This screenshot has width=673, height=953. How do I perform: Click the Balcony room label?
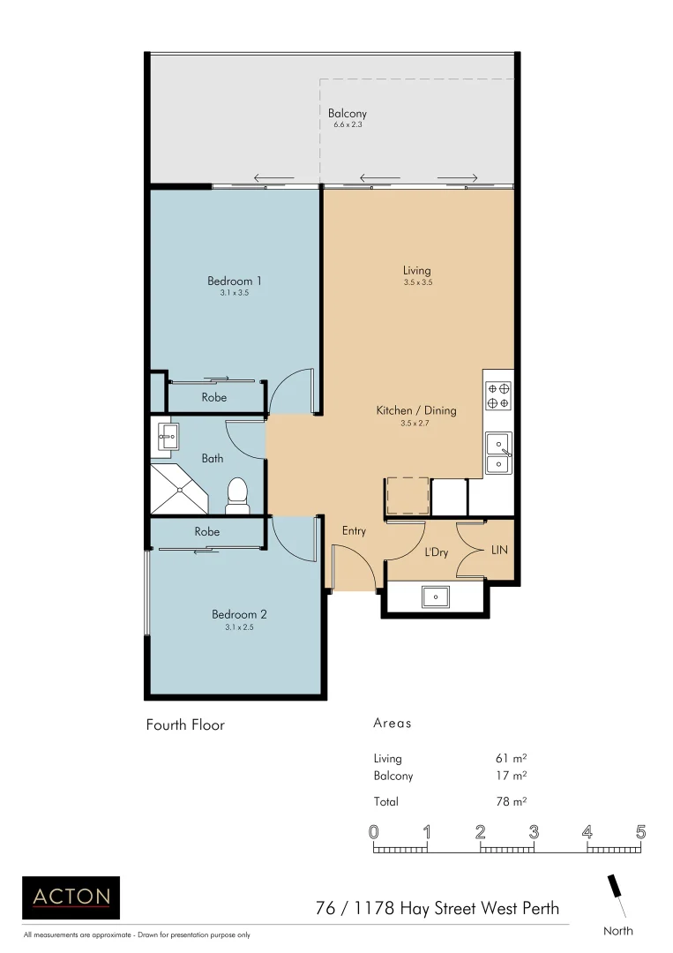pyautogui.click(x=347, y=114)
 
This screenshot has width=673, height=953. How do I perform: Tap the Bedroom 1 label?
pyautogui.click(x=235, y=281)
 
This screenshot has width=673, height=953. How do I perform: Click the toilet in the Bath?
pyautogui.click(x=237, y=495)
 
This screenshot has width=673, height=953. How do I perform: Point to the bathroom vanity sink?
pyautogui.click(x=168, y=434)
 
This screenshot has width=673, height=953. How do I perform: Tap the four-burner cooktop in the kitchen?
pyautogui.click(x=498, y=395)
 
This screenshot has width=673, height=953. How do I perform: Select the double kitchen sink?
pyautogui.click(x=498, y=452)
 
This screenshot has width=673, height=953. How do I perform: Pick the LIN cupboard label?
pyautogui.click(x=498, y=550)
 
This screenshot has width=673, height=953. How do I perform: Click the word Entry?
pyautogui.click(x=354, y=531)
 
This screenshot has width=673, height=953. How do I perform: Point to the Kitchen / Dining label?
pyautogui.click(x=416, y=410)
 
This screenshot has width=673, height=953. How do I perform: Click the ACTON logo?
pyautogui.click(x=71, y=897)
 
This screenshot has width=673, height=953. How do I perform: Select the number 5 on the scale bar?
pyautogui.click(x=640, y=832)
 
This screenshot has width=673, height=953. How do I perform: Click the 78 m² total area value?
pyautogui.click(x=512, y=801)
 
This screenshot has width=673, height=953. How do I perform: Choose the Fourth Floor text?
pyautogui.click(x=185, y=724)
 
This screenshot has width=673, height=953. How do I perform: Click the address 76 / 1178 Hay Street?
pyautogui.click(x=437, y=907)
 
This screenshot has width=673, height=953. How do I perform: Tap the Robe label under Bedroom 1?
pyautogui.click(x=213, y=398)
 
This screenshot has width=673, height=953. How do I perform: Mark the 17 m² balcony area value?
pyautogui.click(x=512, y=777)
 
